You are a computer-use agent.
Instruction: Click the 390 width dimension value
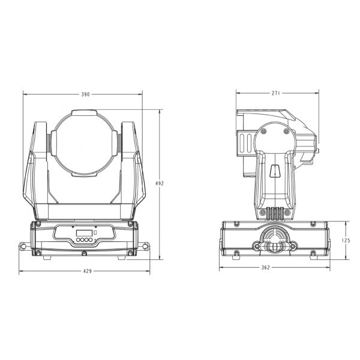(x=85, y=94)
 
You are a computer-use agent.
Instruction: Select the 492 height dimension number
(x=160, y=184)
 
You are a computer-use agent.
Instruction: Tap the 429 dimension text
(x=87, y=271)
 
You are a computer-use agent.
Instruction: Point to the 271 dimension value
(x=276, y=93)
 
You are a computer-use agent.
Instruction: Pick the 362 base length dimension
(x=266, y=268)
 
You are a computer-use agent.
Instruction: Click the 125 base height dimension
(x=346, y=241)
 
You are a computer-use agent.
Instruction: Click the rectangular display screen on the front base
(x=84, y=233)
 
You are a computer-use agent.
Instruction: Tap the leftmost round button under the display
(x=78, y=240)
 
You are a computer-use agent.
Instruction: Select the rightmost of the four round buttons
(x=91, y=240)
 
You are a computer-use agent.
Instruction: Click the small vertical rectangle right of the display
(x=95, y=233)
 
